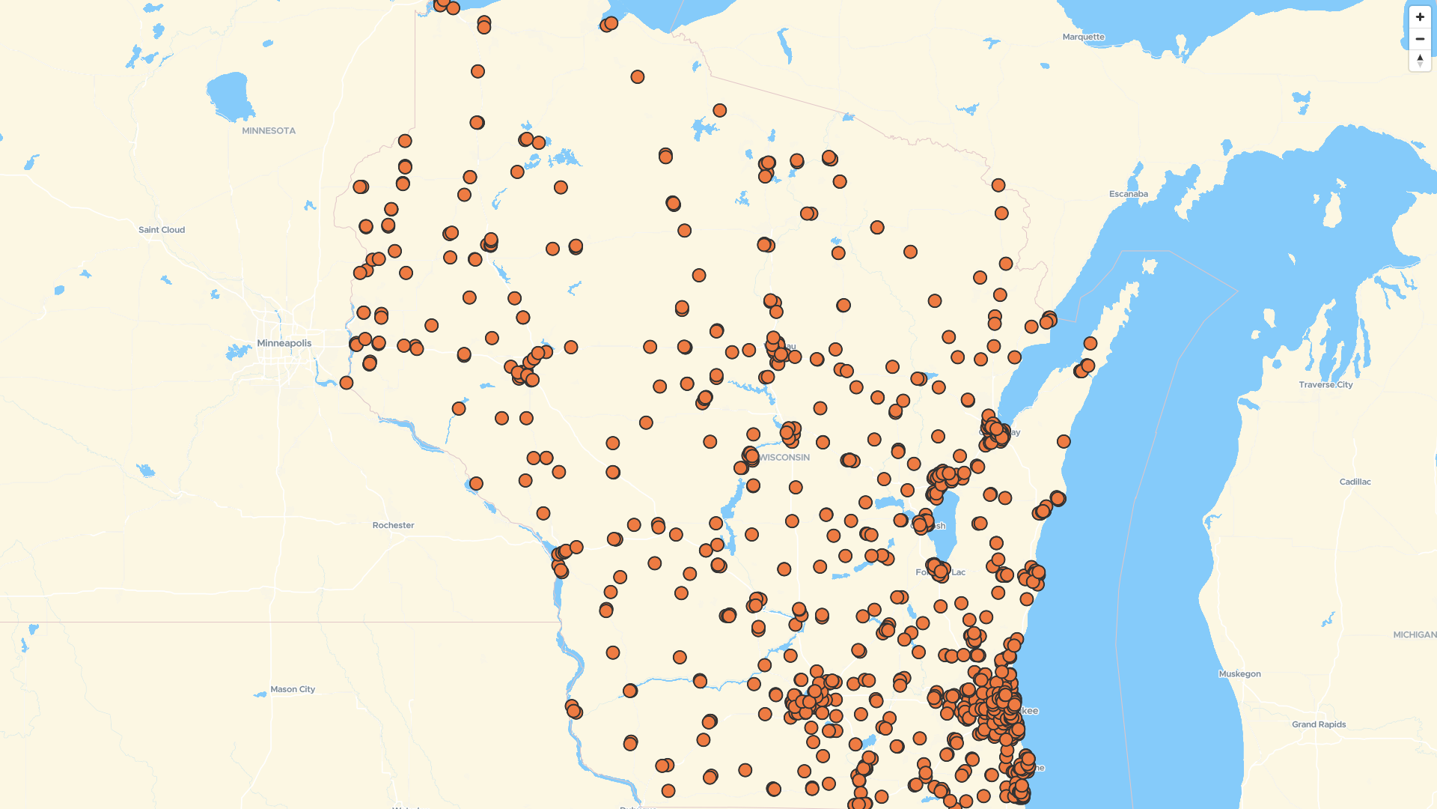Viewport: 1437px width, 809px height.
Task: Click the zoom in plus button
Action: click(x=1420, y=17)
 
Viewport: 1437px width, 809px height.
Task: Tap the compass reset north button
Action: click(x=1420, y=60)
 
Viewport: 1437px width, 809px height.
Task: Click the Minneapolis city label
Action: click(x=284, y=343)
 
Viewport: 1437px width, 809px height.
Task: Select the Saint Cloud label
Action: click(x=162, y=230)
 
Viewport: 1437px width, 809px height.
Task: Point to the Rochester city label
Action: click(x=393, y=525)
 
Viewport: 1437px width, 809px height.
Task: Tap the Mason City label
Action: click(x=293, y=689)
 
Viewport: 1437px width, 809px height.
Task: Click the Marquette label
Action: click(x=1083, y=37)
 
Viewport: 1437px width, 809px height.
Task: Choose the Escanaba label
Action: click(x=1128, y=194)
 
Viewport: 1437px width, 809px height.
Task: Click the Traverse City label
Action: click(x=1325, y=384)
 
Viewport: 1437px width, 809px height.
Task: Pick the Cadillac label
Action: click(x=1355, y=482)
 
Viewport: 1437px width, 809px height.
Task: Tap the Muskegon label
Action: click(x=1239, y=673)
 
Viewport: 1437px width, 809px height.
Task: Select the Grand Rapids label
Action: click(x=1318, y=724)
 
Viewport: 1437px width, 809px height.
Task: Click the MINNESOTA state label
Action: click(x=269, y=130)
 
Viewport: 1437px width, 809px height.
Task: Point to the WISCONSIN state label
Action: click(x=784, y=457)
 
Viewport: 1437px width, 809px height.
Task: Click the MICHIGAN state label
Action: click(x=1414, y=634)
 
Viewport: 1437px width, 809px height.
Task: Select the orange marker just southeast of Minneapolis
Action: click(x=346, y=383)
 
